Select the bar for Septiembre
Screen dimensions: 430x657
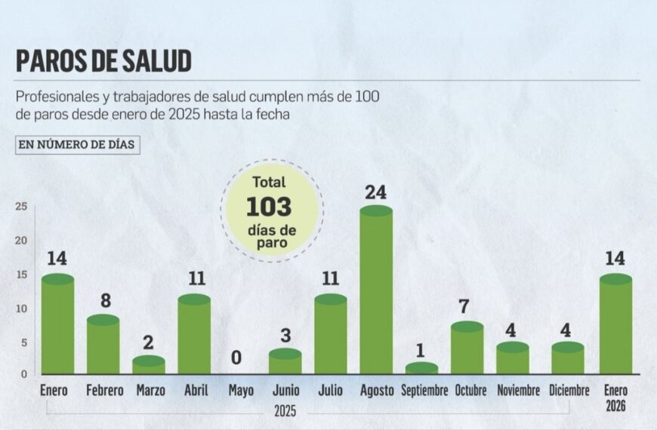tap(421, 369)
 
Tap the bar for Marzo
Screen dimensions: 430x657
tap(149, 366)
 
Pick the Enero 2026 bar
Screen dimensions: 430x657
tap(615, 326)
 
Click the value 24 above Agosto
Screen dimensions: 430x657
tap(375, 192)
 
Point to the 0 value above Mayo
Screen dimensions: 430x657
tap(236, 358)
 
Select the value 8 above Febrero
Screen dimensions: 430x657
tap(106, 301)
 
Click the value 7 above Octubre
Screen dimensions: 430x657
tap(467, 308)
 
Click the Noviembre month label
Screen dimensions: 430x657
tap(518, 391)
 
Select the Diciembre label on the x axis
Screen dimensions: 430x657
tap(569, 391)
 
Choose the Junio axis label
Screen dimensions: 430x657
tap(285, 391)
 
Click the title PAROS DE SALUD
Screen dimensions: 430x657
tap(103, 60)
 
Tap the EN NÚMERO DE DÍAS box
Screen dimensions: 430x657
tap(78, 145)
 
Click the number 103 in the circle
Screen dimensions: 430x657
tap(269, 207)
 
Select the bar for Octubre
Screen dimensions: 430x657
tap(467, 350)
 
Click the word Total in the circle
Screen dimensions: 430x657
tap(270, 183)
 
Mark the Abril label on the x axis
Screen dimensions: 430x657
tap(196, 391)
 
